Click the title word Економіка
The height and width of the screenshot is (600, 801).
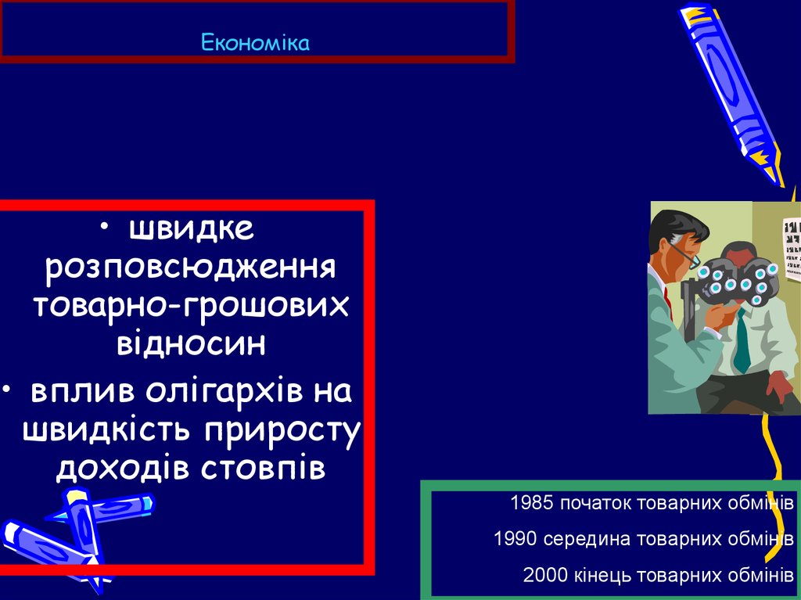coord(256,42)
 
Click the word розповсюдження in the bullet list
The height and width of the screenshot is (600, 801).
coord(191,268)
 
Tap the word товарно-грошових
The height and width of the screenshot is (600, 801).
coord(191,305)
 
